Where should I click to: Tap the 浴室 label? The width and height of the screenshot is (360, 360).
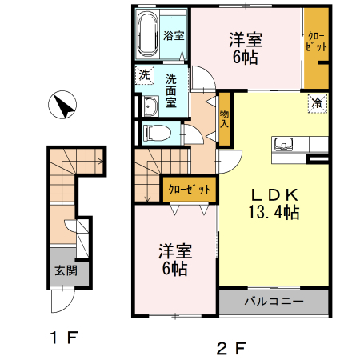click(174, 36)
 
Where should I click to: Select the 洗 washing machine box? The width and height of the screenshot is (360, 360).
click(145, 75)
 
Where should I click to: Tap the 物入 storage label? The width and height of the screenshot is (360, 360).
click(225, 119)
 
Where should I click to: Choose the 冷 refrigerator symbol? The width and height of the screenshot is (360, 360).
click(316, 102)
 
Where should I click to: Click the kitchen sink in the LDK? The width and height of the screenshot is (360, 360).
click(284, 145)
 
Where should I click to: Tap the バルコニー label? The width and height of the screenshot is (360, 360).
click(273, 302)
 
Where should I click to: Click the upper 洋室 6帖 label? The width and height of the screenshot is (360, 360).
click(245, 47)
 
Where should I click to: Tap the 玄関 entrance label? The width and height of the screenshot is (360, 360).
click(66, 270)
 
